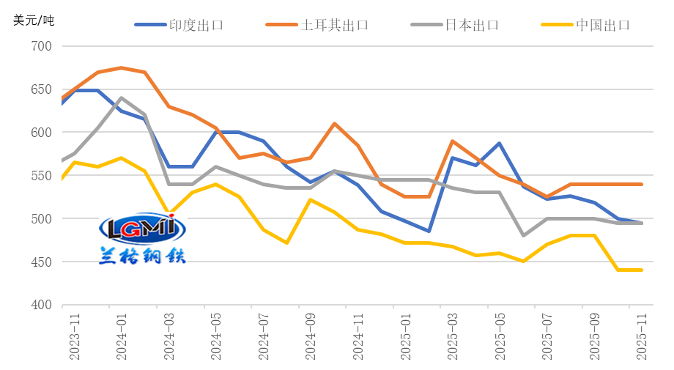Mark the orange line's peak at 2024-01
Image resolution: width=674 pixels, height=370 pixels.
(x=121, y=68)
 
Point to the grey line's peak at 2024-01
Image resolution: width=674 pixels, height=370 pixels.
(x=121, y=97)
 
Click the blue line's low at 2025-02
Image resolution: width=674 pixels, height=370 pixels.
(x=429, y=231)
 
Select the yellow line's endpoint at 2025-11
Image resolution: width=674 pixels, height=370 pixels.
(x=642, y=270)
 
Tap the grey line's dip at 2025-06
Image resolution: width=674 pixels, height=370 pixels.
(x=524, y=235)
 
